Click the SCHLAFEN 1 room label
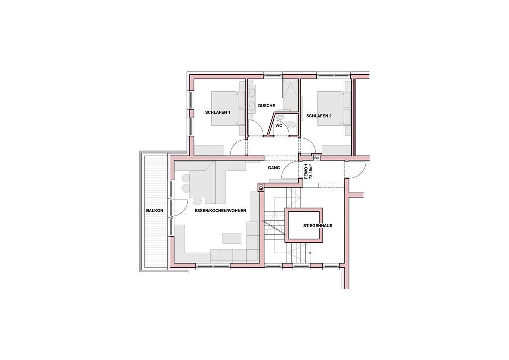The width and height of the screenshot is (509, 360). (218, 113)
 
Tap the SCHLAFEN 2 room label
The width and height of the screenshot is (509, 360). (319, 115)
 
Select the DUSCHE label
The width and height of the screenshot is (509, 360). (266, 106)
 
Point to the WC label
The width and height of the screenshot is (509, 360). (279, 125)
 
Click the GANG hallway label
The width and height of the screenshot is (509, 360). (274, 168)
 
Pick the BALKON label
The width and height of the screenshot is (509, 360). (155, 211)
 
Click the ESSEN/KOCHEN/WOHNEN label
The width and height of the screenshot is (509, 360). (220, 211)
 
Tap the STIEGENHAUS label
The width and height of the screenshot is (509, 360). (318, 226)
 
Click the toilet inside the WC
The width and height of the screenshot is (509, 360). (292, 124)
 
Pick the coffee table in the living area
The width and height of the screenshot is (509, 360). (232, 238)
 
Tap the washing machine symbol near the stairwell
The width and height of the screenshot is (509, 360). (261, 187)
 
